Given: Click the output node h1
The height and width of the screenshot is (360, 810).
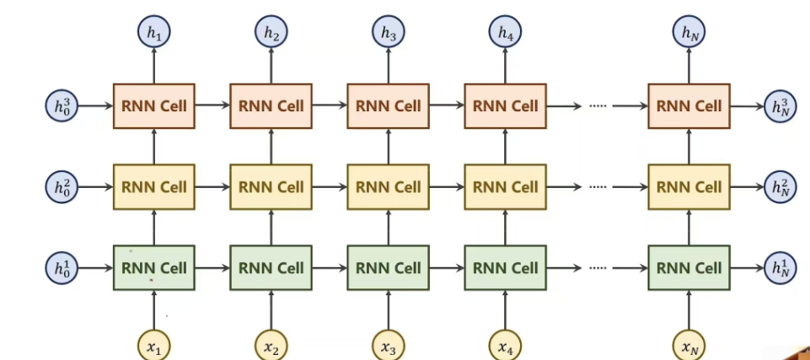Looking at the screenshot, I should pyautogui.click(x=153, y=34).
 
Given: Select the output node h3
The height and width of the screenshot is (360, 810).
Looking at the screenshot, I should pyautogui.click(x=388, y=34).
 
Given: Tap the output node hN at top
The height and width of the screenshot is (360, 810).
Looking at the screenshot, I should pyautogui.click(x=689, y=34).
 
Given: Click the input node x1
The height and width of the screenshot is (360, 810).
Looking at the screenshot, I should pyautogui.click(x=153, y=346).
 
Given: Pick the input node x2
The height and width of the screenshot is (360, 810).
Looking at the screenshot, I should pyautogui.click(x=271, y=346).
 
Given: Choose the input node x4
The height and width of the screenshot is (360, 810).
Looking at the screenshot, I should pyautogui.click(x=505, y=346).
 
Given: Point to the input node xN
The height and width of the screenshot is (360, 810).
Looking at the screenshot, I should pyautogui.click(x=689, y=346).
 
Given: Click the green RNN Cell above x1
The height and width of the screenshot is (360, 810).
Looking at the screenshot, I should pyautogui.click(x=153, y=268).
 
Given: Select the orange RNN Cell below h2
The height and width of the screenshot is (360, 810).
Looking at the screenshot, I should pyautogui.click(x=271, y=106).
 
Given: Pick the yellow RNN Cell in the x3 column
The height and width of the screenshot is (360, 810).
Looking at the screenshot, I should pyautogui.click(x=388, y=186).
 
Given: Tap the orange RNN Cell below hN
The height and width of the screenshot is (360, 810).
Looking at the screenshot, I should pyautogui.click(x=689, y=106).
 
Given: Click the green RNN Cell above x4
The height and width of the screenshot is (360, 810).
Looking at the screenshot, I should pyautogui.click(x=505, y=268).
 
